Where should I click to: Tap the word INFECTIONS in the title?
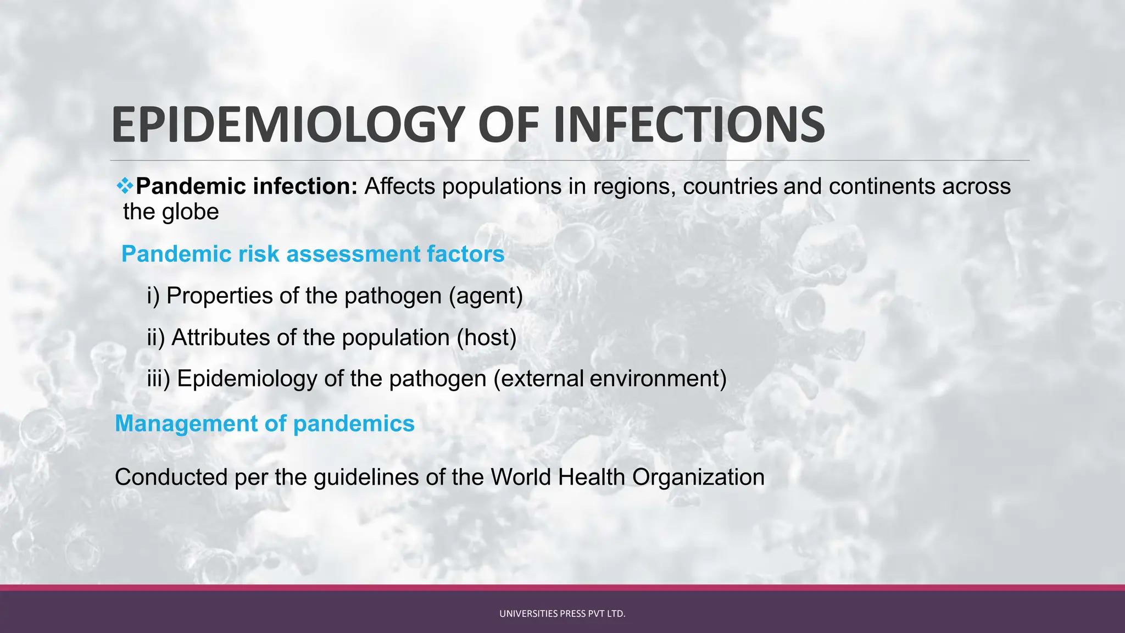point(689,125)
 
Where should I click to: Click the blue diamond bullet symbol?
point(125,186)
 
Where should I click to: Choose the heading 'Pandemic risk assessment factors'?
point(313,254)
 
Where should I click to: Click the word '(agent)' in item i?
point(486,296)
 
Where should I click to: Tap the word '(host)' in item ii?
point(487,337)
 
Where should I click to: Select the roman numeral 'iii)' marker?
point(159,379)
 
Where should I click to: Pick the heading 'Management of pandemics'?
point(265,424)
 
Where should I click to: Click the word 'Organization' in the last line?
point(698,477)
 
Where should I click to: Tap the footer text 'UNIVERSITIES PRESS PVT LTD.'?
point(562,614)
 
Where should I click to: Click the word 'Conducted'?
point(171,477)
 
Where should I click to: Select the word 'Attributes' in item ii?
point(221,337)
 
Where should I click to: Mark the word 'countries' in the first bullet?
point(730,186)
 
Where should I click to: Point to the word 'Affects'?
point(400,186)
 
